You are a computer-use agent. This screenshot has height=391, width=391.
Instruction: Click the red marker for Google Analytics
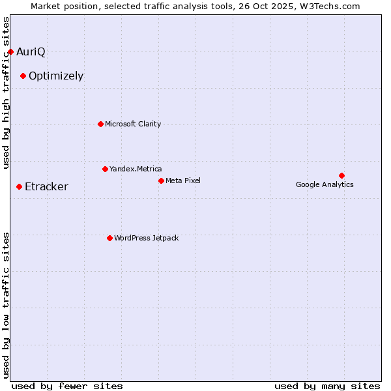click(x=341, y=175)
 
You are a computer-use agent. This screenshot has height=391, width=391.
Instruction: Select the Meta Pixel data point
click(x=161, y=181)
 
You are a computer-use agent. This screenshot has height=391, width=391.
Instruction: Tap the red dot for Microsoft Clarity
click(x=100, y=124)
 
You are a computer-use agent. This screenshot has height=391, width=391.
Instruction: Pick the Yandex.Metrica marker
click(x=105, y=169)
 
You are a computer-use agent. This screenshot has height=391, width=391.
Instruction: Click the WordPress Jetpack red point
click(x=109, y=238)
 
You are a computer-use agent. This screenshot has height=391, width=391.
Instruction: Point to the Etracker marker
click(x=19, y=187)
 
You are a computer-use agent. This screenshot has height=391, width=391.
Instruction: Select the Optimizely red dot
click(x=23, y=76)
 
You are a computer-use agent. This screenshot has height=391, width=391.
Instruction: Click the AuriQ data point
click(x=10, y=51)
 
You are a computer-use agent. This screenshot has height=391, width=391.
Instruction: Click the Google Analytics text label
click(x=325, y=184)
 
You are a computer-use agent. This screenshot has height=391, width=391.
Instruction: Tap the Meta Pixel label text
click(x=183, y=181)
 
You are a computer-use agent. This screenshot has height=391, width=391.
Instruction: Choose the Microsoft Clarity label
click(x=133, y=124)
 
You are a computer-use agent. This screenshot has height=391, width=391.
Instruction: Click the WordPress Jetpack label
click(x=146, y=238)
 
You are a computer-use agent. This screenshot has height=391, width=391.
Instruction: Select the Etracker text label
click(x=46, y=187)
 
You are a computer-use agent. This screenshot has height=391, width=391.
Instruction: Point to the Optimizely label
click(x=56, y=76)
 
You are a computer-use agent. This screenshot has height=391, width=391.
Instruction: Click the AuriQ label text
click(x=31, y=51)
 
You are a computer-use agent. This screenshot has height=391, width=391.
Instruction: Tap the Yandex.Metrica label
click(x=136, y=169)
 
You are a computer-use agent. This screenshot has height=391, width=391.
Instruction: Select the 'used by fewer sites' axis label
click(x=67, y=386)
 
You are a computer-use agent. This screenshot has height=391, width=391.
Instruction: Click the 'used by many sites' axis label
click(x=327, y=386)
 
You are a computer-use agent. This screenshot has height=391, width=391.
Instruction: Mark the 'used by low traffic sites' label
click(x=7, y=304)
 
